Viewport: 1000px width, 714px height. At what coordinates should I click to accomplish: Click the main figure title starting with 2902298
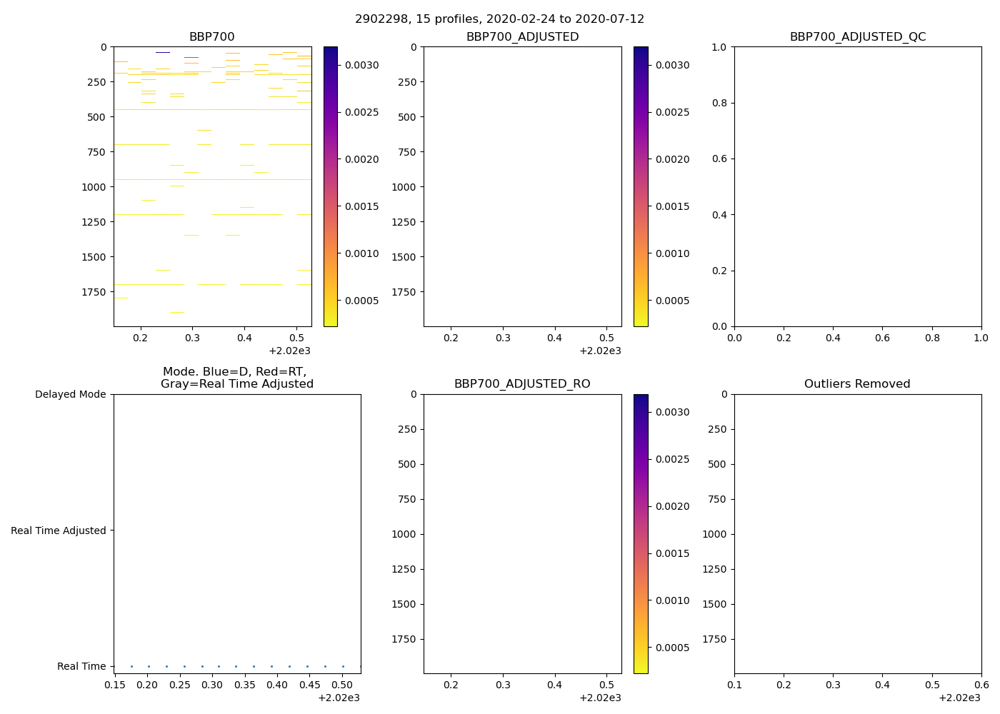click(x=499, y=19)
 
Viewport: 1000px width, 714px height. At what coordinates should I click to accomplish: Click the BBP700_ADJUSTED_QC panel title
click(x=857, y=37)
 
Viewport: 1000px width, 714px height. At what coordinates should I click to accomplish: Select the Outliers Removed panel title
click(x=857, y=384)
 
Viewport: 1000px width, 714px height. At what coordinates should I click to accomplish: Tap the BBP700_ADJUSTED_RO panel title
click(x=522, y=384)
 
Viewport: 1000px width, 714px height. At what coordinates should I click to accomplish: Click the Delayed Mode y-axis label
click(x=70, y=394)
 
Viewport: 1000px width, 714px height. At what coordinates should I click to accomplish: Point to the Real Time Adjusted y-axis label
click(x=59, y=531)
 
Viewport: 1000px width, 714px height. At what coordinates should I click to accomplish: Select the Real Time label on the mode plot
click(x=81, y=666)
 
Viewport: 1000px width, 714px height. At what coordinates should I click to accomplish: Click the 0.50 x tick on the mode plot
click(x=343, y=685)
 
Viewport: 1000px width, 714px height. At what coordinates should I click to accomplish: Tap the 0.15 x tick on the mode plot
click(x=115, y=685)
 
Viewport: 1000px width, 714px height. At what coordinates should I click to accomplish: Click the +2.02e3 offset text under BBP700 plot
click(x=289, y=351)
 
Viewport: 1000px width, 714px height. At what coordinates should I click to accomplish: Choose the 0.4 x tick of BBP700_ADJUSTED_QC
click(x=833, y=338)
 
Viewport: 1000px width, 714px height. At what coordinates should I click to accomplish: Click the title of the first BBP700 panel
click(x=211, y=37)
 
